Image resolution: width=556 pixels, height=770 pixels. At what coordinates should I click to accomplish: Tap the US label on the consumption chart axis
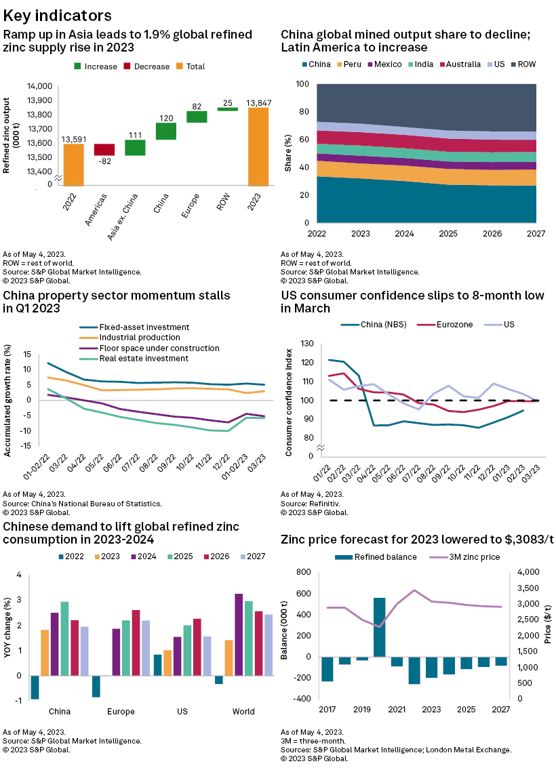(182, 712)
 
